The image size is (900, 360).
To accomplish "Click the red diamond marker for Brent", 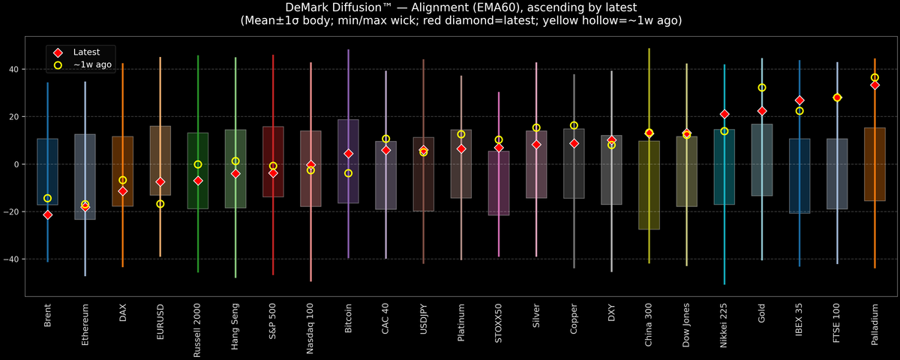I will pos(47,214).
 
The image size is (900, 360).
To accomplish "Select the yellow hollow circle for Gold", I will pos(762,88).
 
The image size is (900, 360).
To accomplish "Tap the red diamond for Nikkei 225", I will pos(724,114).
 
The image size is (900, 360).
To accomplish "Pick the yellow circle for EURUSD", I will pos(160,204).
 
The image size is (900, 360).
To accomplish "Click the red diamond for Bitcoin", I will pos(348,153).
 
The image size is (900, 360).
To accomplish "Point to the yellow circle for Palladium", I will pos(874,77).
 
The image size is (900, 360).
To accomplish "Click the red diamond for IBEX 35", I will pos(799,100).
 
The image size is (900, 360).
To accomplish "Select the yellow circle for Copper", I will pos(574,125).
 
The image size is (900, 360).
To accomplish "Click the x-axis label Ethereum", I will pos(85,323).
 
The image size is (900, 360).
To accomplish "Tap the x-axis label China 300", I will pos(649,324).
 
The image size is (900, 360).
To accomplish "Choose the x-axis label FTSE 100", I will pos(837,323).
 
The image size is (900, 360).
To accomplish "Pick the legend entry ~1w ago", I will pos(92,65).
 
